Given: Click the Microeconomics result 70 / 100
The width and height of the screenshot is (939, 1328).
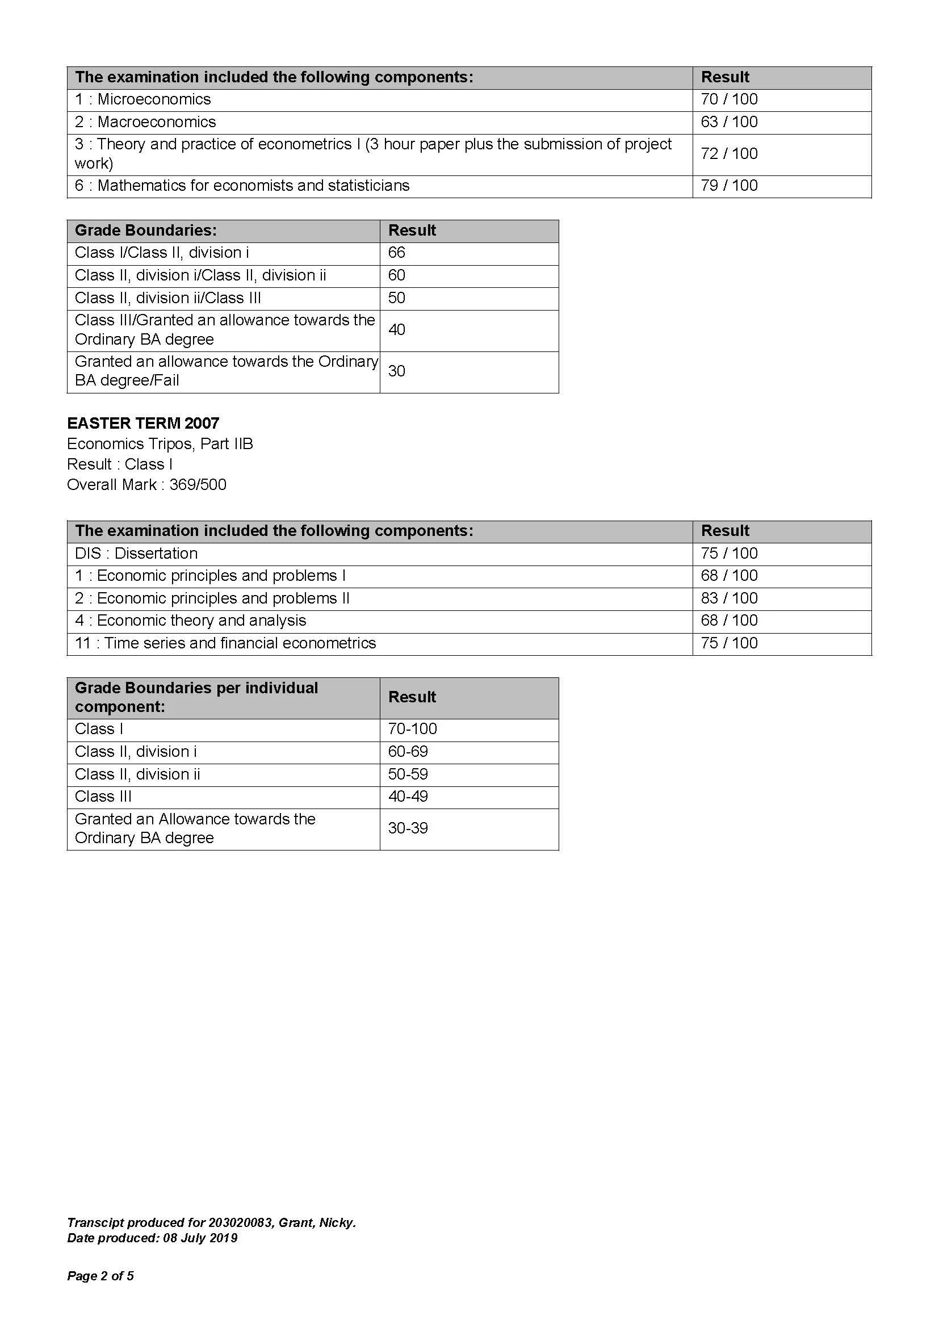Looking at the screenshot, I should click(x=728, y=99).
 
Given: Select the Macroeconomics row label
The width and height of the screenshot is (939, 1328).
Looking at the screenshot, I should click(x=145, y=122).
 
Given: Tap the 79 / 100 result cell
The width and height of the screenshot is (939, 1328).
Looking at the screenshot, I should click(x=728, y=186).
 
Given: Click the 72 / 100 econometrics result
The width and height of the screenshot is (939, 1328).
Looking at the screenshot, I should click(x=728, y=154).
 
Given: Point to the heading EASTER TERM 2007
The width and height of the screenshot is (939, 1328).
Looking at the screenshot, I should click(x=143, y=424).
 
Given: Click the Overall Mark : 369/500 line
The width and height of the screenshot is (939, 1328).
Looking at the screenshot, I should click(x=146, y=485).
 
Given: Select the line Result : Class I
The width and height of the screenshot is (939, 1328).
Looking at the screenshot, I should click(x=120, y=464).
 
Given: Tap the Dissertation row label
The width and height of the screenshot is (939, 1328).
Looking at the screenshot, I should click(x=136, y=554).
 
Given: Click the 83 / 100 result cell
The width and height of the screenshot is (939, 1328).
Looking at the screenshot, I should click(x=728, y=598).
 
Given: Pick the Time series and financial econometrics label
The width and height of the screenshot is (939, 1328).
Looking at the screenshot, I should click(x=225, y=643).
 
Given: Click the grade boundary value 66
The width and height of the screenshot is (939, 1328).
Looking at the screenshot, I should click(x=397, y=253).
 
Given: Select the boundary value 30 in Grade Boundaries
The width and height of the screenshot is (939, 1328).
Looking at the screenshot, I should click(x=397, y=371).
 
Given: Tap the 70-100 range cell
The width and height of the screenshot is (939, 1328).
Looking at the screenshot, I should click(x=412, y=729).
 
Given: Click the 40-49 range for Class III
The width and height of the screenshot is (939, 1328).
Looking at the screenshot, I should click(x=408, y=797).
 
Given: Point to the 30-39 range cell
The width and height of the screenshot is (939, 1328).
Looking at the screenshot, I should click(x=408, y=828).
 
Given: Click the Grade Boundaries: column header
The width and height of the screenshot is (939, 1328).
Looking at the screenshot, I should click(x=146, y=231).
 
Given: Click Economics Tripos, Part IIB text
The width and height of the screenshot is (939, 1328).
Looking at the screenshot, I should click(x=160, y=444).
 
